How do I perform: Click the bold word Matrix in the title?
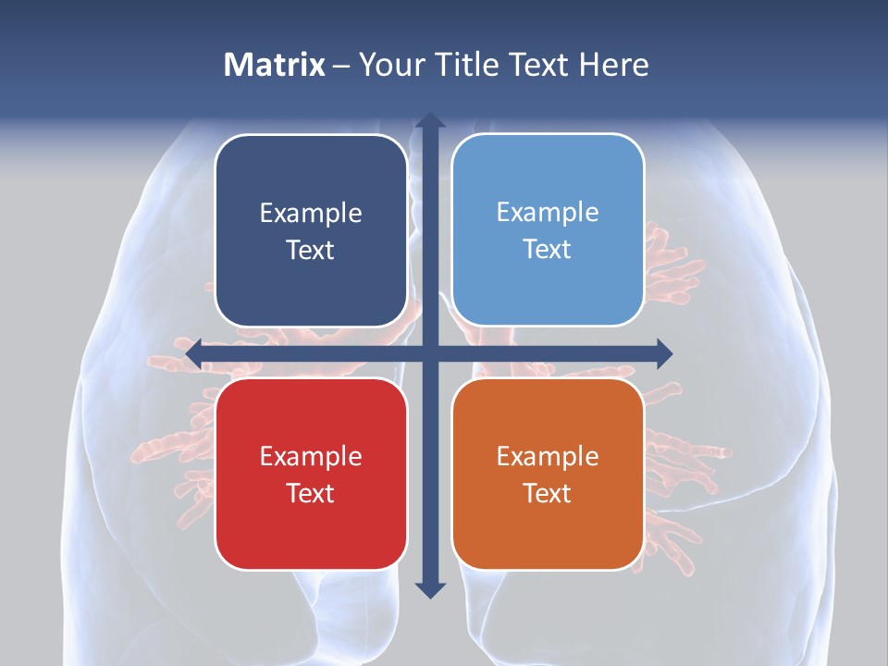point(275,65)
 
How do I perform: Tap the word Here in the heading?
point(614,65)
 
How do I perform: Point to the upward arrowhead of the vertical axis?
point(429,121)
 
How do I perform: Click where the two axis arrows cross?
point(429,353)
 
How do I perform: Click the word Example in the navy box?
point(311,214)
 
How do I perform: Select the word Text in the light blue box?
point(548,250)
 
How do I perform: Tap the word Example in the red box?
point(311,457)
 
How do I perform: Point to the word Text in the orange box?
point(548,494)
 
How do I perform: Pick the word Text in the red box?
point(311,494)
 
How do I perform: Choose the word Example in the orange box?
point(548,457)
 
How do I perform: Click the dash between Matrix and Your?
point(340,66)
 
